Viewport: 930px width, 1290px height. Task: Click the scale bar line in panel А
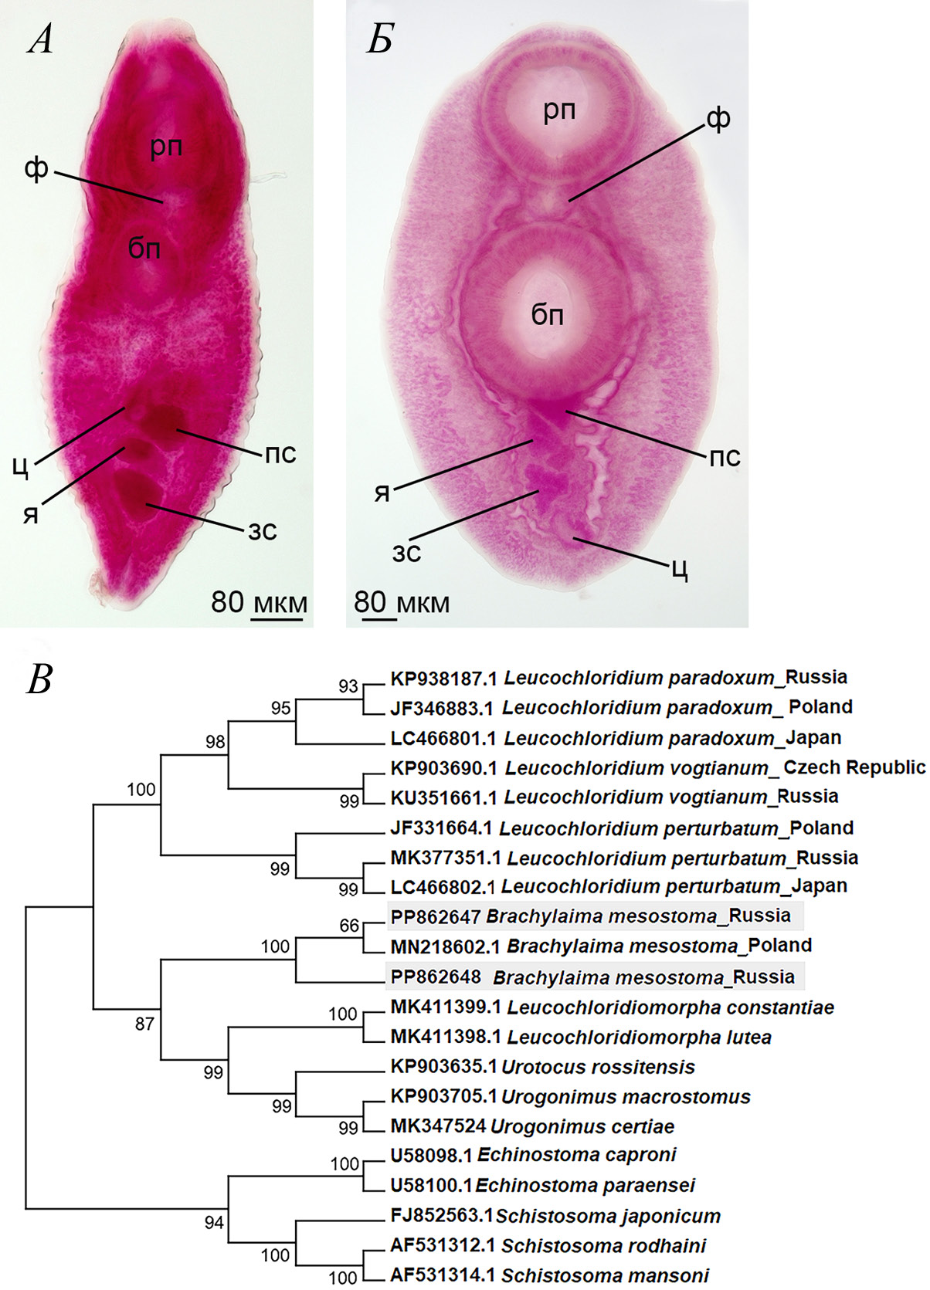[277, 619]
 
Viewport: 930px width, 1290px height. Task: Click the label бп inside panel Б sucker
[547, 314]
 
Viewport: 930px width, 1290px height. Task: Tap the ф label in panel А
[36, 169]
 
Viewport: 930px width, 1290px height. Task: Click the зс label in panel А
[262, 531]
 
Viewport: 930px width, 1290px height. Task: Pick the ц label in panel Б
[681, 571]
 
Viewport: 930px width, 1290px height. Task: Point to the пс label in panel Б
[725, 457]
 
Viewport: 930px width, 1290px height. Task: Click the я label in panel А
[31, 513]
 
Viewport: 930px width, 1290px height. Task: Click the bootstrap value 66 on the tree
[349, 926]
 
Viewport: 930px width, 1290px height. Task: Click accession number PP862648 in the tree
[436, 977]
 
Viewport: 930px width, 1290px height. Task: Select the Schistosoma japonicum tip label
[609, 1217]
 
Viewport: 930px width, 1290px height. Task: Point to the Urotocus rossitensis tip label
[598, 1067]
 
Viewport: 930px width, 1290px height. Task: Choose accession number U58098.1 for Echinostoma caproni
[432, 1155]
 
